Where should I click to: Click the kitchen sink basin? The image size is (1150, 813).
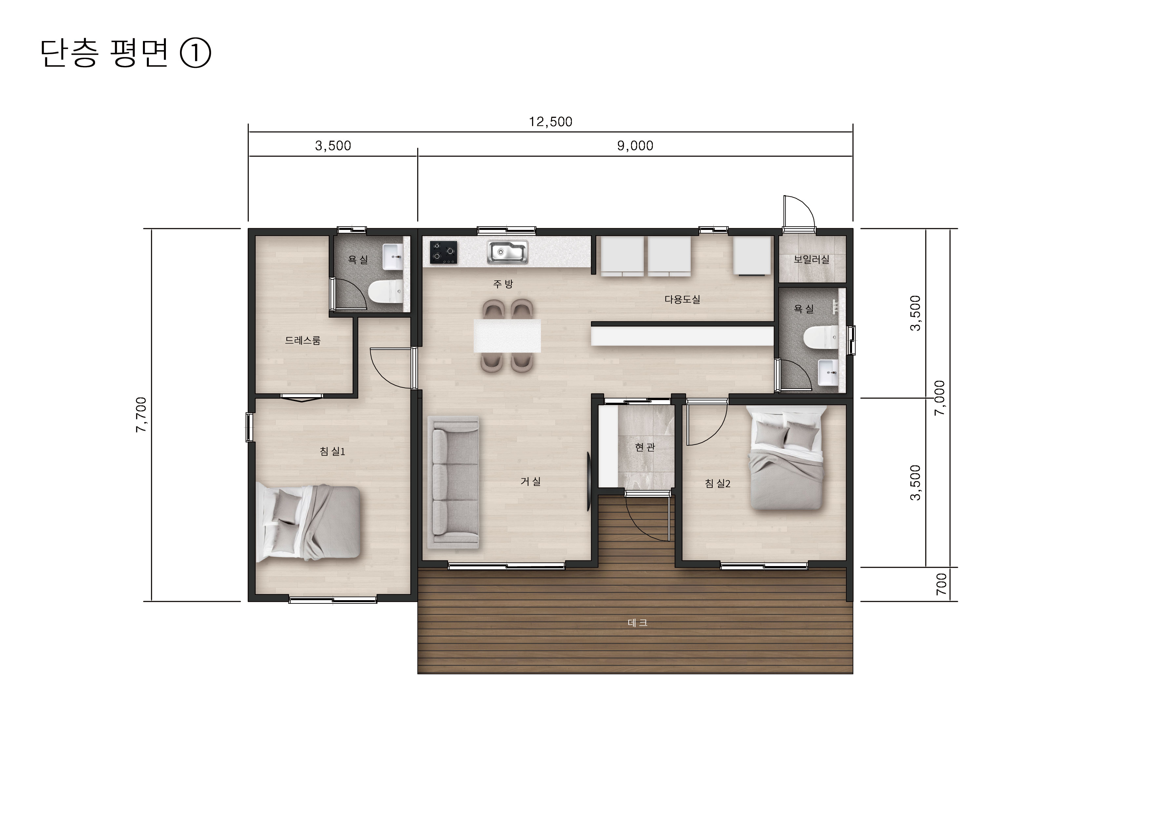(507, 252)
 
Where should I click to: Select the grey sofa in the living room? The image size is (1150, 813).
(453, 482)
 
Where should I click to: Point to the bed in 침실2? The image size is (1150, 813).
(786, 458)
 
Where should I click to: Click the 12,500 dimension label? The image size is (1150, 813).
(550, 122)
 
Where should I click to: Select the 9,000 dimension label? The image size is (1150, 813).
(635, 146)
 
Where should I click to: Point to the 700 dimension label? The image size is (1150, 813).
(942, 584)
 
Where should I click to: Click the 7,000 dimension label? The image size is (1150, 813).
(940, 398)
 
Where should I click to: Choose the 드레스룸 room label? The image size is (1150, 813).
(303, 341)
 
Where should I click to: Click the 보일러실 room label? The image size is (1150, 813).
(811, 259)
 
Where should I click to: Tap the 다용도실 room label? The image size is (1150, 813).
(682, 299)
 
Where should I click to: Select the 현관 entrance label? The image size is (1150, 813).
(645, 447)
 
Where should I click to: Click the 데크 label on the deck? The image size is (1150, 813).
(638, 623)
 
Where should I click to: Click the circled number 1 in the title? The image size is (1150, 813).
(195, 53)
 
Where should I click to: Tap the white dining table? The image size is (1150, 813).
(507, 335)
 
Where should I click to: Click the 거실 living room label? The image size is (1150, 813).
(530, 481)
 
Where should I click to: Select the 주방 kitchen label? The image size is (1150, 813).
(504, 284)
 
